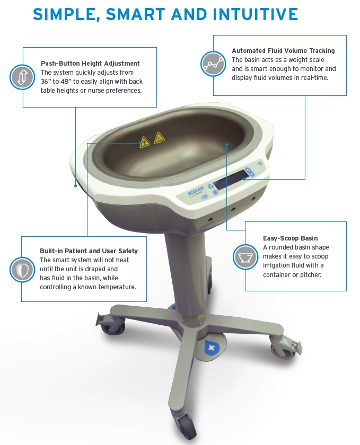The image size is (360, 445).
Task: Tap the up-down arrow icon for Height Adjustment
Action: pyautogui.click(x=22, y=77)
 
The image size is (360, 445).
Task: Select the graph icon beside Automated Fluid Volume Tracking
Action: pyautogui.click(x=213, y=64)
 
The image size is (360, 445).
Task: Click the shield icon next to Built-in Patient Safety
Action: pyautogui.click(x=22, y=270)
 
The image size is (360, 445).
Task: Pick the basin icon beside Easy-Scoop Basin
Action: pyautogui.click(x=245, y=257)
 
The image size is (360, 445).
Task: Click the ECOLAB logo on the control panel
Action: pyautogui.click(x=196, y=191)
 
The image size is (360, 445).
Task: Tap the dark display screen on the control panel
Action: pyautogui.click(x=231, y=180)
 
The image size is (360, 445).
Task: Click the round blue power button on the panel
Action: pyautogui.click(x=260, y=164)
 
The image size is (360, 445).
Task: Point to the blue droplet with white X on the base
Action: pyautogui.click(x=212, y=348)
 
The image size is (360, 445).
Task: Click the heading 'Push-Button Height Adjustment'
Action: pyautogui.click(x=90, y=63)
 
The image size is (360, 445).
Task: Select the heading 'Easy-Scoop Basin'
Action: pyautogui.click(x=290, y=238)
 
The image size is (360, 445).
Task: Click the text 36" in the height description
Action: pyautogui.click(x=46, y=82)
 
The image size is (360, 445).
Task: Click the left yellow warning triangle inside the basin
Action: pyautogui.click(x=145, y=142)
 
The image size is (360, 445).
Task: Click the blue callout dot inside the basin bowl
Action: pyautogui.click(x=227, y=145)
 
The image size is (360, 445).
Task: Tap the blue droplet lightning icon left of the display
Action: pyautogui.click(x=210, y=186)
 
